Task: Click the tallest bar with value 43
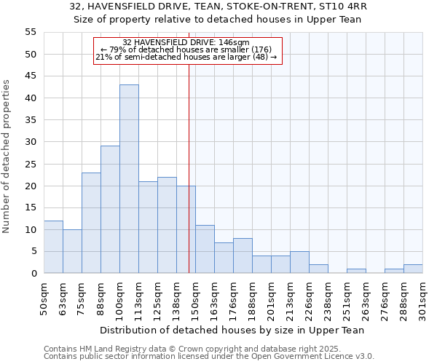pyautogui.click(x=129, y=179)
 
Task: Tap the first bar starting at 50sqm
pyautogui.click(x=53, y=247)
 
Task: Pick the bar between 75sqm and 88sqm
pyautogui.click(x=91, y=223)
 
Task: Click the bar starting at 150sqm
pyautogui.click(x=205, y=249)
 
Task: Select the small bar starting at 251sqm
pyautogui.click(x=356, y=271)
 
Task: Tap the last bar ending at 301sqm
pyautogui.click(x=413, y=269)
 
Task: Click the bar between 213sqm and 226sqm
pyautogui.click(x=299, y=262)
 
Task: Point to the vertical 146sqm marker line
pyautogui.click(x=189, y=182)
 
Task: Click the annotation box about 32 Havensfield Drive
pyautogui.click(x=186, y=50)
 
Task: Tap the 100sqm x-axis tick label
pyautogui.click(x=119, y=298)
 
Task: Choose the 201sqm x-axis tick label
pyautogui.click(x=271, y=298)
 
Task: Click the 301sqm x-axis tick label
pyautogui.click(x=422, y=298)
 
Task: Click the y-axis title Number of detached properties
pyautogui.click(x=7, y=157)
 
